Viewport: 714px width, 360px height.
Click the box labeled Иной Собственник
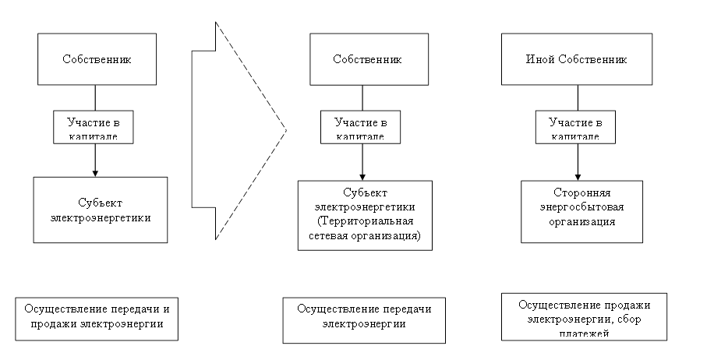click(577, 59)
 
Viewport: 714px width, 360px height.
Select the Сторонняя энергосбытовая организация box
click(581, 211)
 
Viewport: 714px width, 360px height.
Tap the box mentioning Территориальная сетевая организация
click(364, 215)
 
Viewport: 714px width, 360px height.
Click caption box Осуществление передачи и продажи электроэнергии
click(97, 316)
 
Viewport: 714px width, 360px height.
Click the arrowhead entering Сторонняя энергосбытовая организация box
click(578, 177)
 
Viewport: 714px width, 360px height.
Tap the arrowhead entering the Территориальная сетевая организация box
click(362, 177)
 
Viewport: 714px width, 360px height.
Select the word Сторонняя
click(582, 193)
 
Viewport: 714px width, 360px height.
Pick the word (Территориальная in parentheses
click(364, 221)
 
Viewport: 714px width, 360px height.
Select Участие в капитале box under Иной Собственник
click(577, 127)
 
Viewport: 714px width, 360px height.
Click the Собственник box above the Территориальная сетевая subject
click(367, 60)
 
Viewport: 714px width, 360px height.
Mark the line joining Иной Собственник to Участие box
click(578, 97)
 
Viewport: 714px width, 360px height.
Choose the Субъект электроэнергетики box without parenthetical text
click(101, 210)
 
